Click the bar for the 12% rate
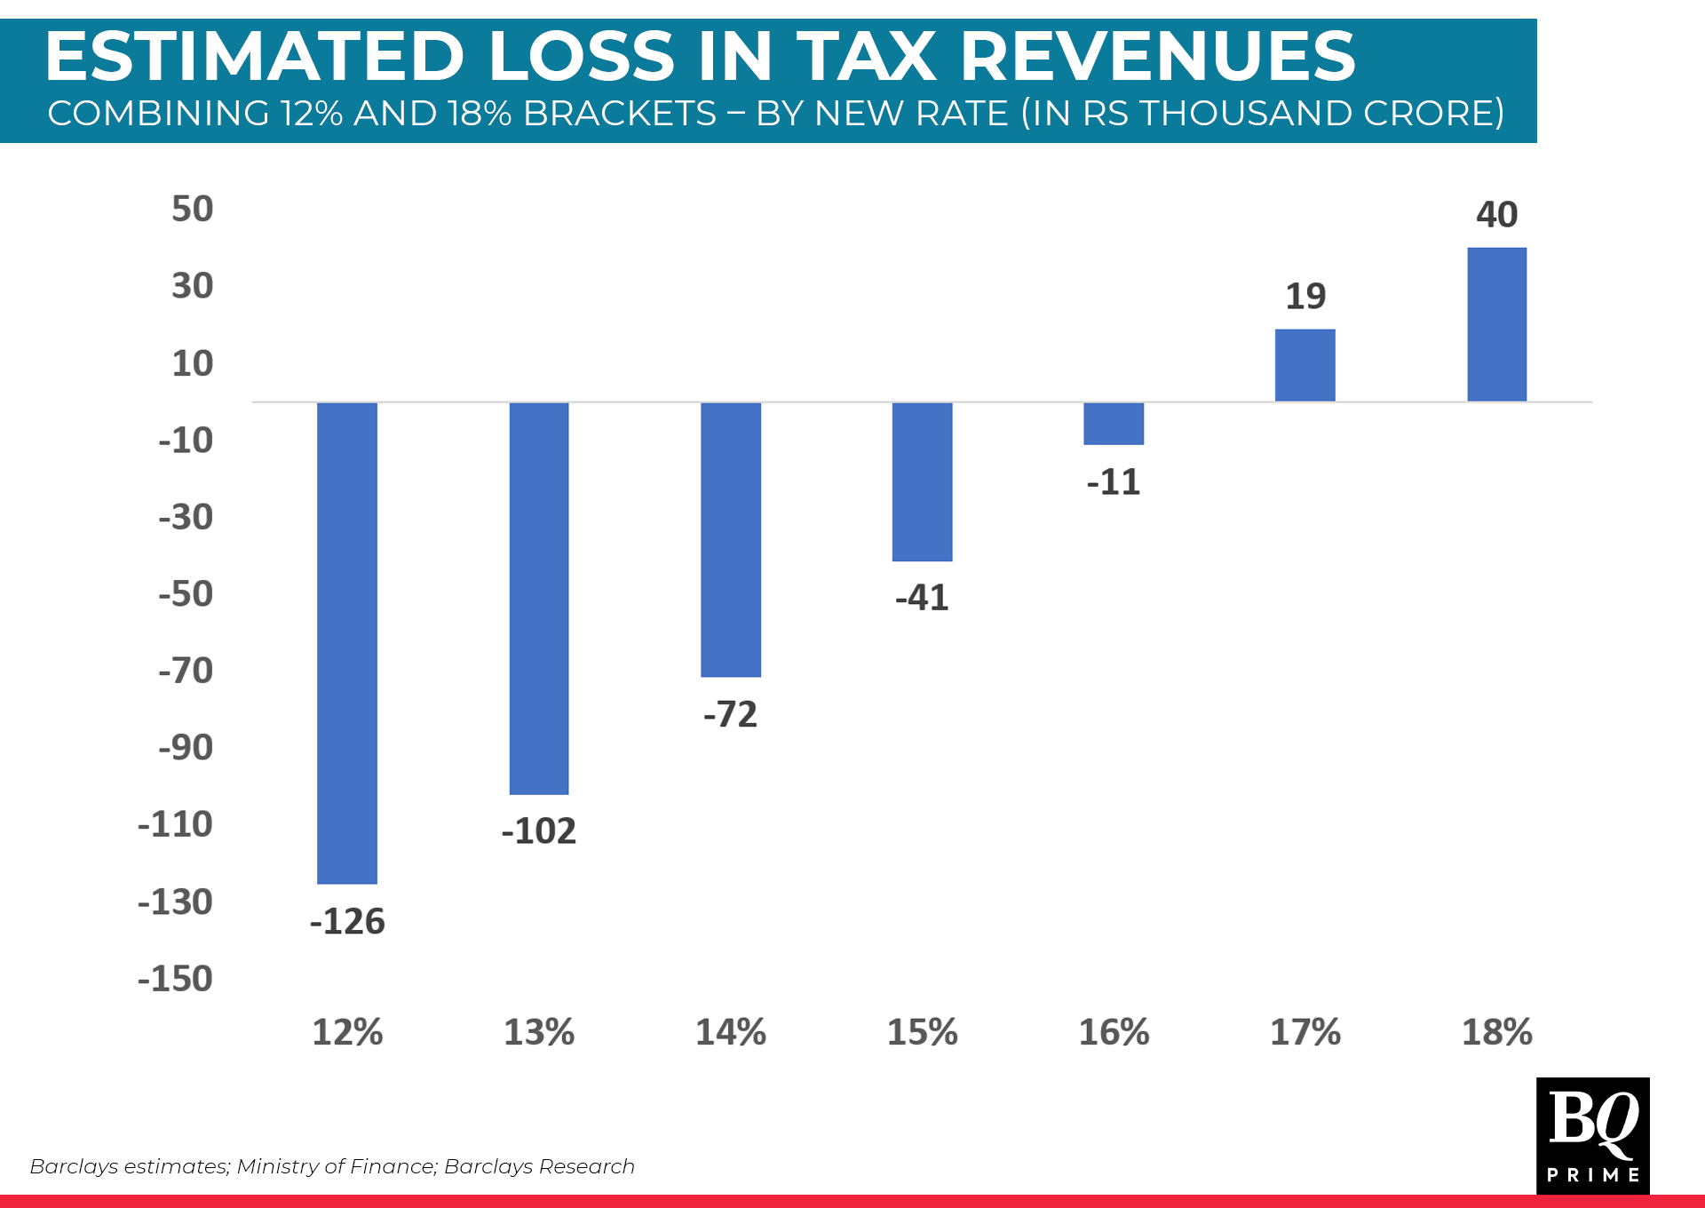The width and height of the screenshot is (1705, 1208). [x=347, y=643]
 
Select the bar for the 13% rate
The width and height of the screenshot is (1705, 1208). [x=539, y=599]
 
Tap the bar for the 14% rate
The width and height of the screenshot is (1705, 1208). [x=731, y=540]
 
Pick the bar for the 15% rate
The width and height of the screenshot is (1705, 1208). [x=922, y=482]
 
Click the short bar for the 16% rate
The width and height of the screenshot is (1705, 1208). [x=1114, y=424]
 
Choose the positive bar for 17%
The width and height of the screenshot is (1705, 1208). [x=1305, y=365]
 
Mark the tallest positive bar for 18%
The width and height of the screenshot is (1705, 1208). [x=1496, y=325]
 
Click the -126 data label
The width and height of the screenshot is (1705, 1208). [x=347, y=921]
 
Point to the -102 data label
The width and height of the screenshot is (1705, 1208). [x=539, y=831]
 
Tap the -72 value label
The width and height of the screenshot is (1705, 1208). [x=731, y=715]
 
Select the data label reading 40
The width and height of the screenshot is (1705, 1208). [x=1496, y=215]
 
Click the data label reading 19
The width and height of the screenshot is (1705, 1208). [x=1305, y=297]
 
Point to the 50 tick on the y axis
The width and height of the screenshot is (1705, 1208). [x=193, y=210]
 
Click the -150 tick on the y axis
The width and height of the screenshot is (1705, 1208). [x=176, y=979]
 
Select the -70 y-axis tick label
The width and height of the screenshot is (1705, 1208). [x=186, y=671]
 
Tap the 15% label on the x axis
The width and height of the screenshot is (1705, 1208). [x=922, y=1033]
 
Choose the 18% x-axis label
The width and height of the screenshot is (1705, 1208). [x=1496, y=1033]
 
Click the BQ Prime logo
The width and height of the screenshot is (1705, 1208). [x=1592, y=1135]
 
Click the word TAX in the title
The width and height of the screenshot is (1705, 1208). [x=866, y=57]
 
